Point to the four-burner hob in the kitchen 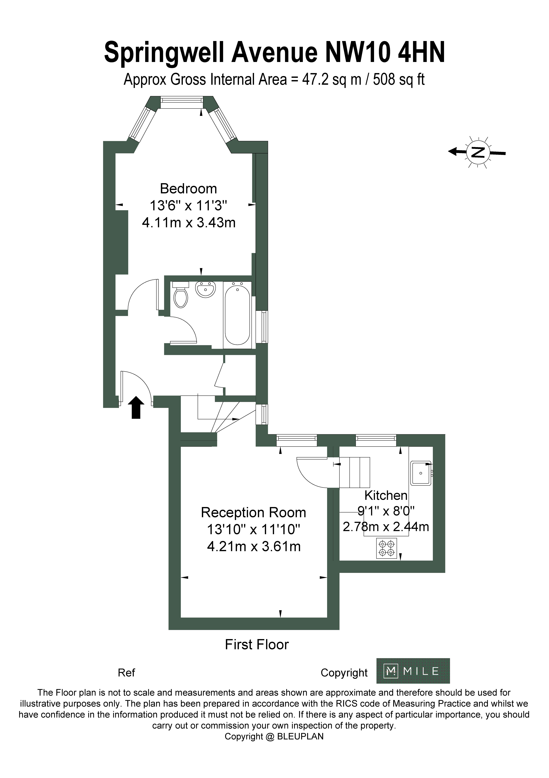[387, 548]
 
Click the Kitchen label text [386, 495]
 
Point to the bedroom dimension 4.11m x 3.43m [189, 223]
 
